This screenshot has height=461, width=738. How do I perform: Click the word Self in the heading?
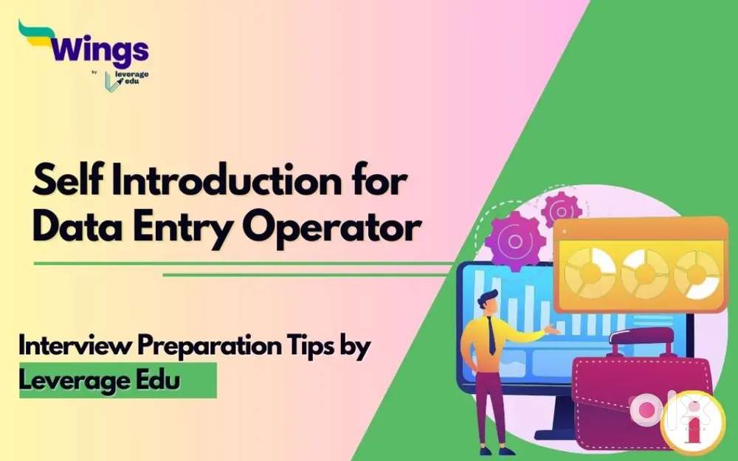(68, 180)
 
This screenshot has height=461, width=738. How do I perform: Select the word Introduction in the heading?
(225, 181)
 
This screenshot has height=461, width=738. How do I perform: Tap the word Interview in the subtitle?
(75, 346)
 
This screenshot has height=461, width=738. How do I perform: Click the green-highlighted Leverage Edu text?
(100, 380)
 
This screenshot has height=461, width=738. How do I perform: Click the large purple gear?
(515, 240)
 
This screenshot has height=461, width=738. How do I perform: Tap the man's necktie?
(492, 336)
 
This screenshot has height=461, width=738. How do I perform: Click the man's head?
(488, 303)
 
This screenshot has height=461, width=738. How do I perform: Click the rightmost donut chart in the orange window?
(696, 274)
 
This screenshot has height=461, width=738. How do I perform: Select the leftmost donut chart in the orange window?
(590, 273)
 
